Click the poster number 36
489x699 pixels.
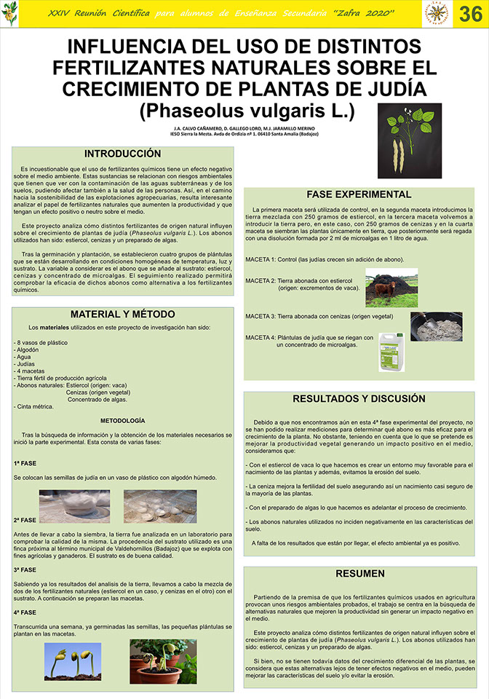coord(471,14)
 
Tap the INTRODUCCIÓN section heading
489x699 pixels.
coord(122,154)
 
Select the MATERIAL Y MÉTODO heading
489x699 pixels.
coord(122,315)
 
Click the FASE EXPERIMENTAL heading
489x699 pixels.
coord(359,194)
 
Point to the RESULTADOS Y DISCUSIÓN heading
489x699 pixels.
coord(359,399)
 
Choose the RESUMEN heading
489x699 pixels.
coord(359,574)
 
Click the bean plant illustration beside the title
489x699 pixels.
coord(410,139)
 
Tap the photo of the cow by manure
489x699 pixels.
coord(391,288)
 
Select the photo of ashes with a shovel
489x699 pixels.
coord(436,327)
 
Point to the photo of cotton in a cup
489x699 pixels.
coord(74,506)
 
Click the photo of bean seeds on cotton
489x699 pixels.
coord(160,506)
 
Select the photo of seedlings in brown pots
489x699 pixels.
coord(162,661)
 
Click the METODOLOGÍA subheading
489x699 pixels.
coord(122,421)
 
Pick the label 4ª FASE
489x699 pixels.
coord(25,612)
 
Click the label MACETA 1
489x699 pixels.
coord(261,259)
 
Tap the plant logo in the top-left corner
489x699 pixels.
coord(10,14)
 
